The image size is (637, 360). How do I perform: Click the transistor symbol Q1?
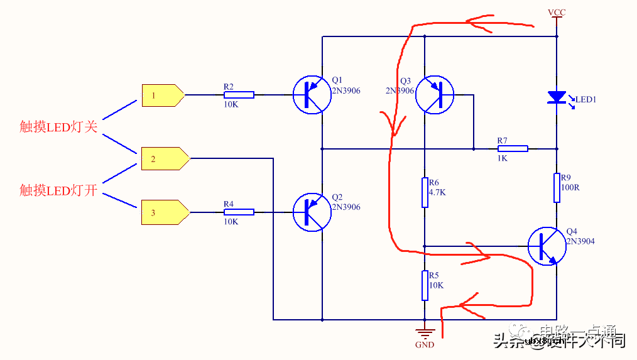[312, 95]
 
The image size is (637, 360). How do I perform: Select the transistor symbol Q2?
[312, 212]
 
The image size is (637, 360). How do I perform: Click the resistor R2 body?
[239, 95]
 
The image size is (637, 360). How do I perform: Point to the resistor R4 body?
[239, 212]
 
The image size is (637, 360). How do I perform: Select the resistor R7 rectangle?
[513, 149]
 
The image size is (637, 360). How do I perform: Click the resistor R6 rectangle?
[425, 192]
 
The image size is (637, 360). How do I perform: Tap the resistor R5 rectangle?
[425, 285]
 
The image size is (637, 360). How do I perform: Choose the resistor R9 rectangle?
[557, 188]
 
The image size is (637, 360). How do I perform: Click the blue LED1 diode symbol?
[557, 97]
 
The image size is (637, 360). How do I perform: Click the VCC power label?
[557, 13]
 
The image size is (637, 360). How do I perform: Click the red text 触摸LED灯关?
[58, 127]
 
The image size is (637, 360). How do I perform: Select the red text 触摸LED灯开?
[58, 190]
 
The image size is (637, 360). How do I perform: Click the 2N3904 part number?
[580, 241]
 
